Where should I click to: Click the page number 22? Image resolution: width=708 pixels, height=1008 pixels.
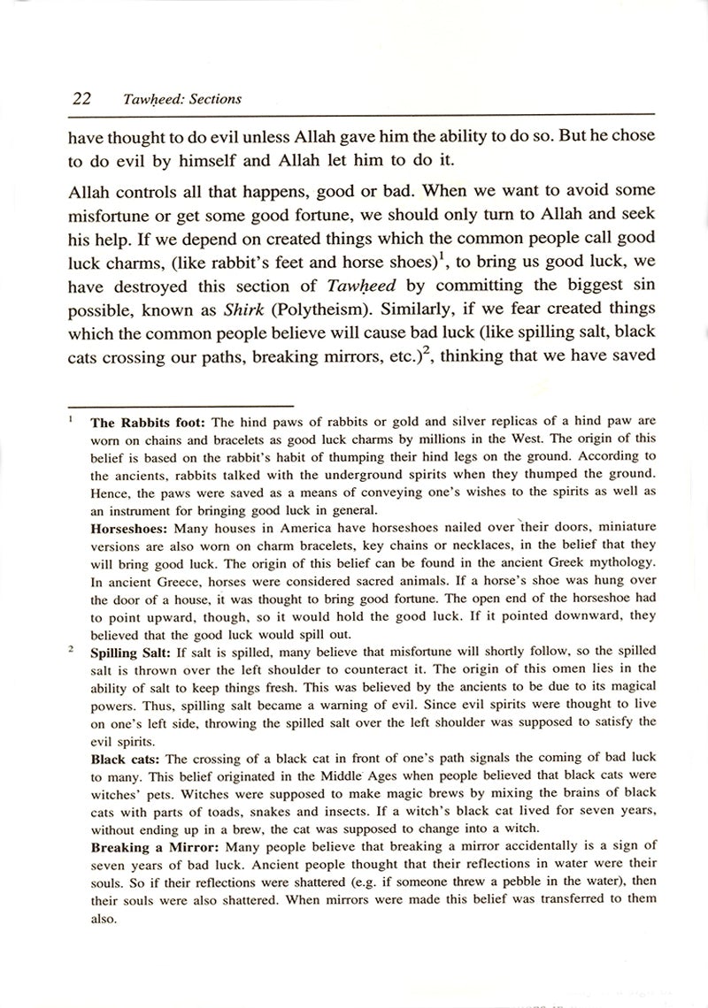pos(84,98)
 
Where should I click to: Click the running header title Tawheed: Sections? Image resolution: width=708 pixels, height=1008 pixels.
pos(182,99)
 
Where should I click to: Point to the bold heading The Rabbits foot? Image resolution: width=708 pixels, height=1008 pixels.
pos(148,423)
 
